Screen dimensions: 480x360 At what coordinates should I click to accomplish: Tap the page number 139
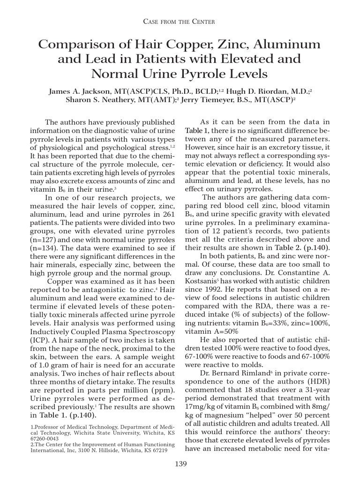(x=180, y=464)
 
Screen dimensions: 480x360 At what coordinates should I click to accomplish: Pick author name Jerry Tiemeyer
(x=211, y=99)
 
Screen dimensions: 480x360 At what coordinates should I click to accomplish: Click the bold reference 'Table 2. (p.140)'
(x=303, y=247)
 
